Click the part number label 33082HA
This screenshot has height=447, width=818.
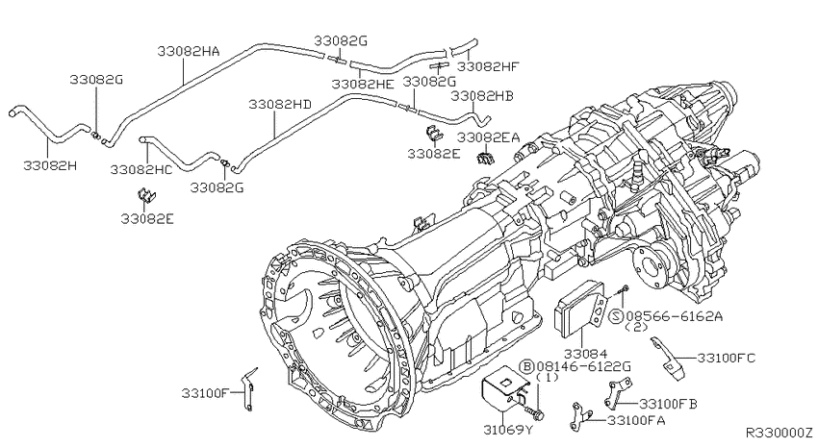(x=189, y=51)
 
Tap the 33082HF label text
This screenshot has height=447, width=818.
(x=488, y=66)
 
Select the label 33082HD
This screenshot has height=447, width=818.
(x=280, y=105)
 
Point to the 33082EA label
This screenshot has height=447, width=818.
(x=489, y=137)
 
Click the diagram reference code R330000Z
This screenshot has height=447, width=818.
(x=780, y=433)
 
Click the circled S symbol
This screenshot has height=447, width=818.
(x=617, y=316)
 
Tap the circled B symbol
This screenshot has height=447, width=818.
(x=527, y=367)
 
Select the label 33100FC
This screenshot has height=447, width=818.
(x=727, y=359)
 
